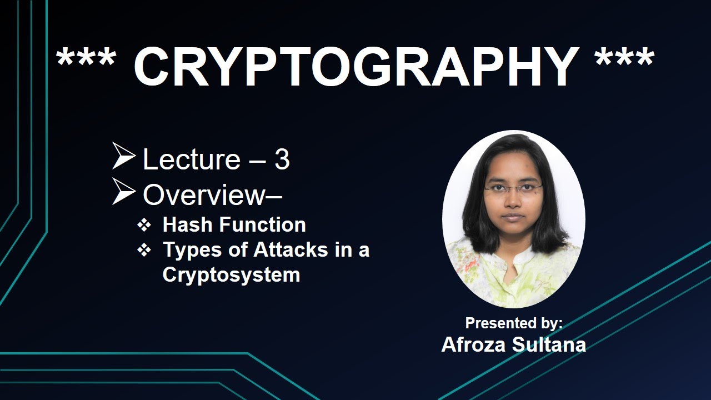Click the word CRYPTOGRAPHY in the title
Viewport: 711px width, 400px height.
point(356,67)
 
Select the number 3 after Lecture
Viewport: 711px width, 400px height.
point(282,160)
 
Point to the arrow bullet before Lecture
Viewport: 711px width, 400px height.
point(123,156)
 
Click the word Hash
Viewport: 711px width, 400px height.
point(186,224)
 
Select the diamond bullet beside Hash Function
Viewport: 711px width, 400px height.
point(144,225)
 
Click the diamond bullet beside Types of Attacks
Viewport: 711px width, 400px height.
point(144,251)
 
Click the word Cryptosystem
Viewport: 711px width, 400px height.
point(231,274)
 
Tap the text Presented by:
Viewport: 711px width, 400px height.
point(514,323)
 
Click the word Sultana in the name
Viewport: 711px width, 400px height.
point(549,344)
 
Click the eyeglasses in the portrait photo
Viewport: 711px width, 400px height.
point(513,189)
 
